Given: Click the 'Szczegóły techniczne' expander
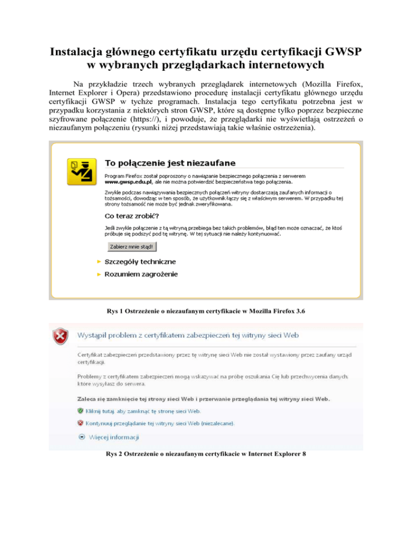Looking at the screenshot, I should (136, 262).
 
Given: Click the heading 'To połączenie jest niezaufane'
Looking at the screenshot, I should (170, 162).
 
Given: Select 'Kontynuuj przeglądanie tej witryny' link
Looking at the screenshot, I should (159, 423).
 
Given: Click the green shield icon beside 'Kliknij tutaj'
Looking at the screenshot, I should (80, 411).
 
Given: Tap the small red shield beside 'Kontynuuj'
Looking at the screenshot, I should (80, 423).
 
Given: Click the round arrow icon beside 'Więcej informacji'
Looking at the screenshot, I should (82, 437).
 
